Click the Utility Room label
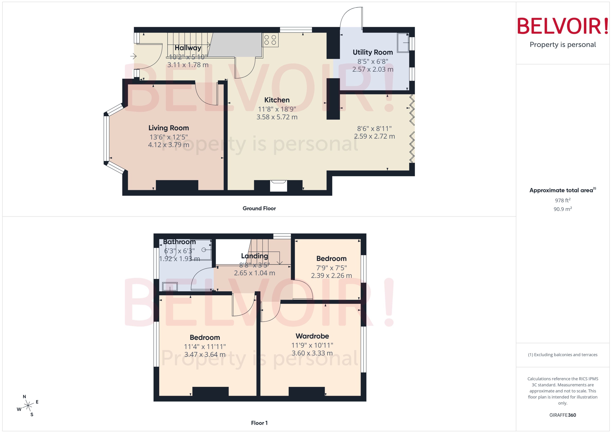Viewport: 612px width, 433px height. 373,52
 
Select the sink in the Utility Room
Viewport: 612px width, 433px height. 403,43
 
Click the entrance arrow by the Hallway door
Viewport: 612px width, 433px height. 133,56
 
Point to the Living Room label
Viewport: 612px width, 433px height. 169,128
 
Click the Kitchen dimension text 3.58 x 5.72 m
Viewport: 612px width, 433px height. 277,117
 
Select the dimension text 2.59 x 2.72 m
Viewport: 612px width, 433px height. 374,136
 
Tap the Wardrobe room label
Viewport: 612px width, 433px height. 312,336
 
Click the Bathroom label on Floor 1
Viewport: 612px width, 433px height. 179,242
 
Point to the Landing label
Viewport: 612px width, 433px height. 254,256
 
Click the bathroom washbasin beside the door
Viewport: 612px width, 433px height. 170,287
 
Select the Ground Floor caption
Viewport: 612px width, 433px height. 259,209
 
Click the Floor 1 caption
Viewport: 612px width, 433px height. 259,423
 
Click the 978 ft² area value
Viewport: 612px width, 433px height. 562,200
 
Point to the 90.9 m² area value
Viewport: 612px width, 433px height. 562,209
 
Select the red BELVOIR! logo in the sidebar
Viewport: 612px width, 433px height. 562,26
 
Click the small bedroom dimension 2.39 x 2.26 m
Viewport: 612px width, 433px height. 331,275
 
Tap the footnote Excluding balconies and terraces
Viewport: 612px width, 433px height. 562,355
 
